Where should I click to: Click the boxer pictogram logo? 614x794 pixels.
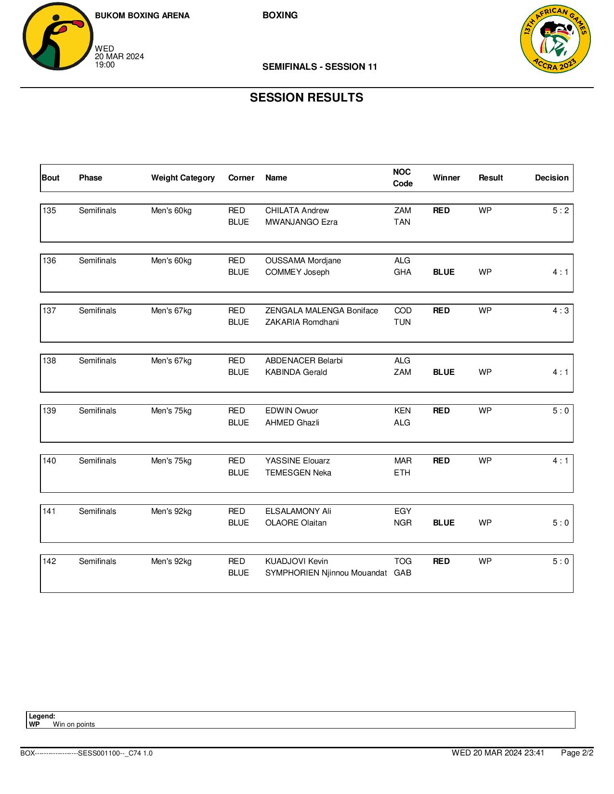pos(58,37)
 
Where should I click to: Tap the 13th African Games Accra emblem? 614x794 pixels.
pos(555,39)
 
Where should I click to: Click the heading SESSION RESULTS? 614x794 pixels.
pos(306,98)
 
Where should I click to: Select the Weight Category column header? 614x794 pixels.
pos(183,178)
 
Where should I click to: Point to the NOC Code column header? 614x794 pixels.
pos(402,178)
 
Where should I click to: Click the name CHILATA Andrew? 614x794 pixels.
pos(297,210)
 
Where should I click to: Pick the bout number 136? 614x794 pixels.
pos(49,260)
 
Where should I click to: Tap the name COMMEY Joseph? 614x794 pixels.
pos(297,272)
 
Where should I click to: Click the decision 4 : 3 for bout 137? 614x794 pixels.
pos(560,310)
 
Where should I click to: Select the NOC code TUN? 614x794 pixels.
pos(402,322)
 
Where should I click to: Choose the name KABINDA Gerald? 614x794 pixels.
pos(296,372)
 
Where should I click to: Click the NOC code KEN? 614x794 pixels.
pos(402,410)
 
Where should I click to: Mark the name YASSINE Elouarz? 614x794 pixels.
pos(297,461)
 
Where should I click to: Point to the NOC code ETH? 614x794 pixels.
pos(402,473)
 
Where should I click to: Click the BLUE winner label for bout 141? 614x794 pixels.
pos(444,523)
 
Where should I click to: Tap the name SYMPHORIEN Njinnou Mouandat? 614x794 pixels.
pos(326,573)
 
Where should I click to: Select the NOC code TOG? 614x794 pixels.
pos(403,561)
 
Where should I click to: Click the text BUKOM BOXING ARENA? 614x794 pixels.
pos(142,15)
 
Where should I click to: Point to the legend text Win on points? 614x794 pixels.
pos(74,724)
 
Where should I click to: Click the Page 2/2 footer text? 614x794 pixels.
pos(577,753)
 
